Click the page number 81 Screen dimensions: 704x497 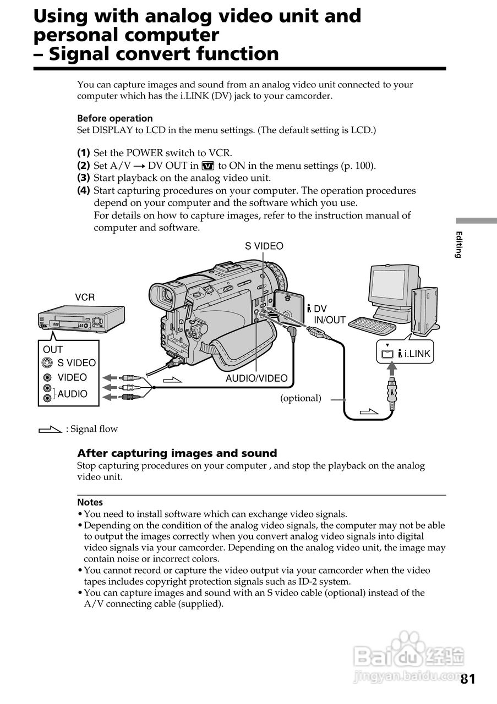(467, 679)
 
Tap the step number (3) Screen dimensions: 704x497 (83, 178)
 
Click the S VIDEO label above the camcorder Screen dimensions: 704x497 (264, 246)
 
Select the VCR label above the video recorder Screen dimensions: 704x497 (85, 298)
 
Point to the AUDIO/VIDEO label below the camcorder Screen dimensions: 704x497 (256, 378)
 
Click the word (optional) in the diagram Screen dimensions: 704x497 (301, 398)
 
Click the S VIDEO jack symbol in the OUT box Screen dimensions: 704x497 (48, 363)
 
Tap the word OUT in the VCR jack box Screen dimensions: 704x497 (53, 349)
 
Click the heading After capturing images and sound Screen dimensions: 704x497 (177, 453)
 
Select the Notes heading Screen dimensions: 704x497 (90, 502)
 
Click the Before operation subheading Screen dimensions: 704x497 (114, 118)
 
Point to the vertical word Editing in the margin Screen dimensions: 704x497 (458, 244)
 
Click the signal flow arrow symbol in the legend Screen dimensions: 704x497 (50, 429)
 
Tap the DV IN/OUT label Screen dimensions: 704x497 (329, 315)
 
